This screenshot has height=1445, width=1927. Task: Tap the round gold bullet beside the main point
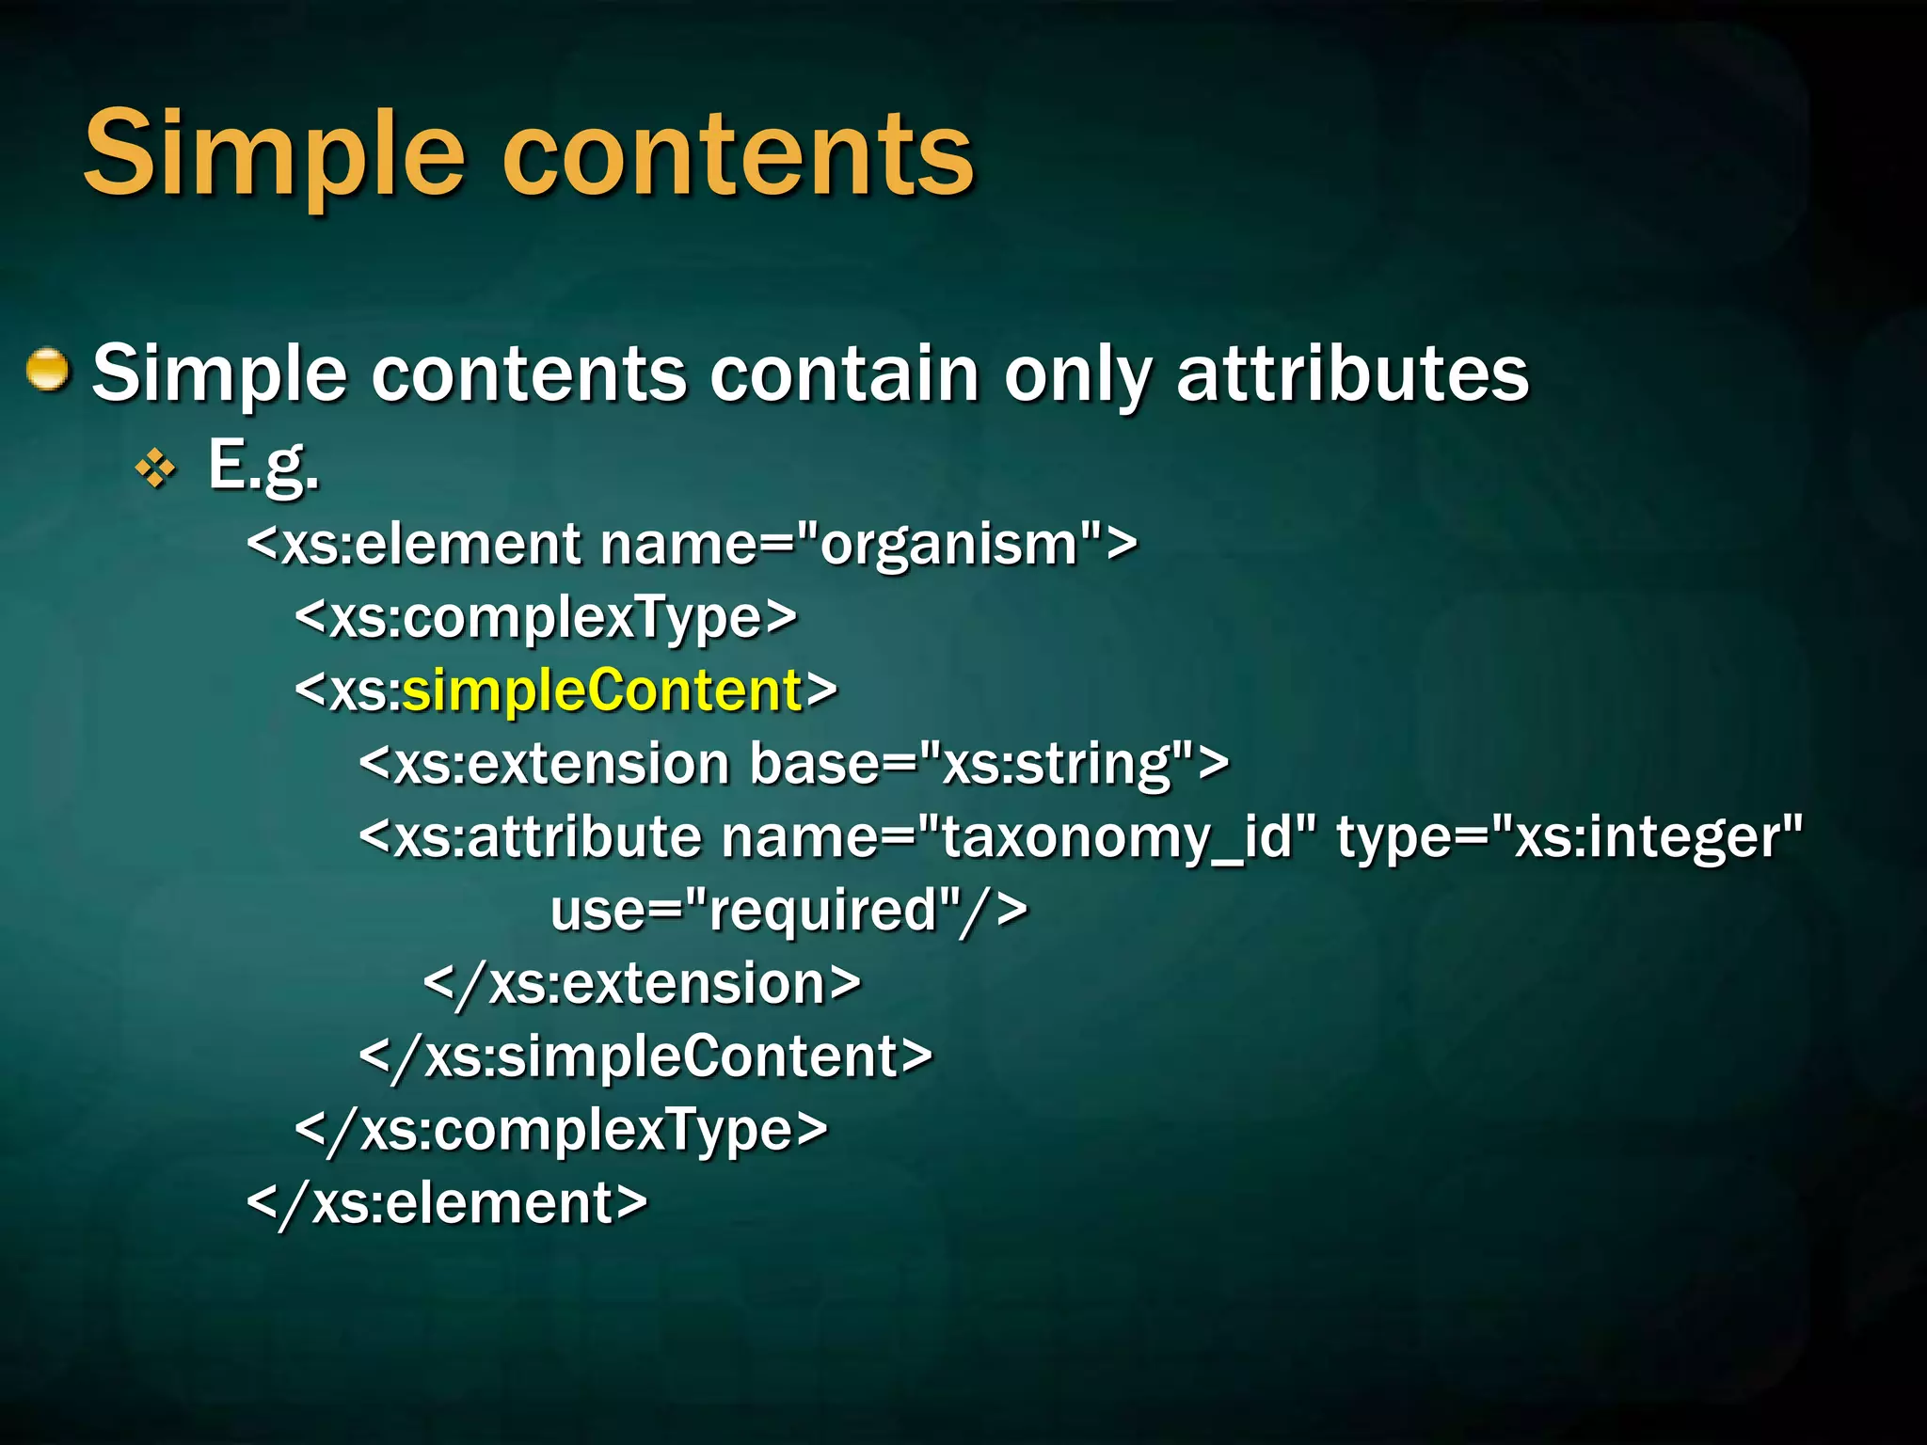[x=47, y=369]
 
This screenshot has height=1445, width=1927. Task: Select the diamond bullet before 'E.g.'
[x=155, y=468]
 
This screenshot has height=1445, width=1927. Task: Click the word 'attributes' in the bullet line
[x=1352, y=374]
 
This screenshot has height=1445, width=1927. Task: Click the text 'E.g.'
[x=263, y=466]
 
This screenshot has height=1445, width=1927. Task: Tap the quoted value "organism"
[x=948, y=545]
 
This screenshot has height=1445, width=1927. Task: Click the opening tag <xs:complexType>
[x=546, y=618]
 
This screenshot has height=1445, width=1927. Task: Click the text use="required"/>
[x=788, y=910]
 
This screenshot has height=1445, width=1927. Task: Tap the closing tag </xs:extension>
[x=642, y=984]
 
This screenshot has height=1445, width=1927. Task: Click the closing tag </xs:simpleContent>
[x=645, y=1056]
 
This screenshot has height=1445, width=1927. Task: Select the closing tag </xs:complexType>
[x=561, y=1130]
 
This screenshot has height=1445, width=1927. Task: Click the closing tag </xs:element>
[x=447, y=1203]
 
